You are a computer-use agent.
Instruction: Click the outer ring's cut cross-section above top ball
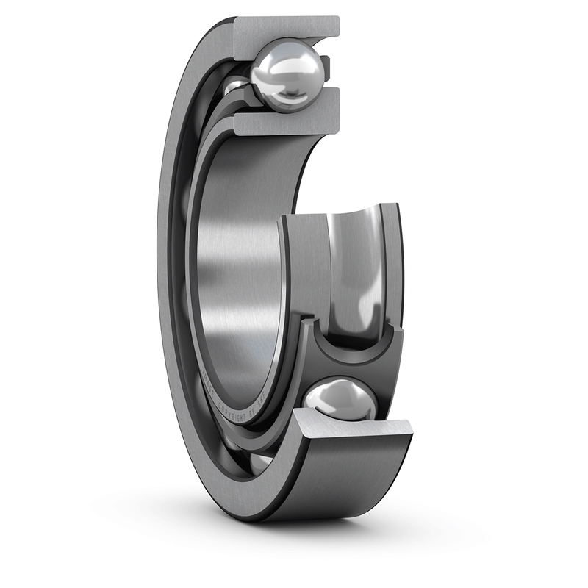pyautogui.click(x=287, y=29)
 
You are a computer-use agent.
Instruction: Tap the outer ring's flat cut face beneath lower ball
pyautogui.click(x=353, y=434)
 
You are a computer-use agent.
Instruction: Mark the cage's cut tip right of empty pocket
pyautogui.click(x=398, y=335)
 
